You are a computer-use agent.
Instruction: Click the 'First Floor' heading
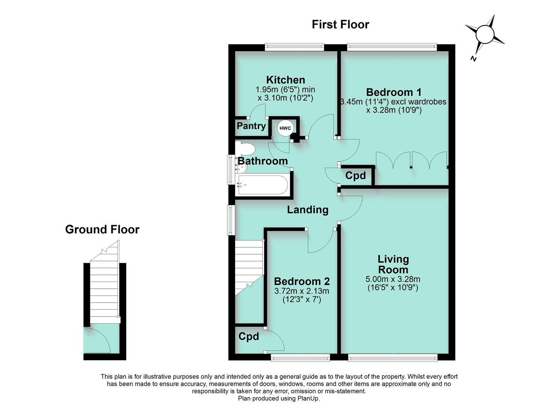[340, 24]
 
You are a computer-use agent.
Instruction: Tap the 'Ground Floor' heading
[102, 229]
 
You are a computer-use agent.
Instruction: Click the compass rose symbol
[485, 34]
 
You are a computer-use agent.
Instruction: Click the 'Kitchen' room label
[286, 80]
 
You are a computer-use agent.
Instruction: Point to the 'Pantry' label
[251, 126]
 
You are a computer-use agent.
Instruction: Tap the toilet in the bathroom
[245, 148]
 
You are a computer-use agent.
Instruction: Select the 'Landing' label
[307, 210]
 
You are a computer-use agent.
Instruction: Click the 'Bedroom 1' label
[393, 92]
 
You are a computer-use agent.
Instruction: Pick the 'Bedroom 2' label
[302, 281]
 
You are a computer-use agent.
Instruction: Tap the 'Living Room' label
[393, 264]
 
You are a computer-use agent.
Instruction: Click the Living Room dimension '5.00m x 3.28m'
[393, 279]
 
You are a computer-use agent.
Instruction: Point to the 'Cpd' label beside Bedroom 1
[355, 176]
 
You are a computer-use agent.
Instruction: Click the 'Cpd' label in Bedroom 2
[249, 336]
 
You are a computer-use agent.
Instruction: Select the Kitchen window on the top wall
[294, 47]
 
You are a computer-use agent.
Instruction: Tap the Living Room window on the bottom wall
[393, 357]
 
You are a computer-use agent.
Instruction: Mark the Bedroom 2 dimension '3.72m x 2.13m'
[302, 291]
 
